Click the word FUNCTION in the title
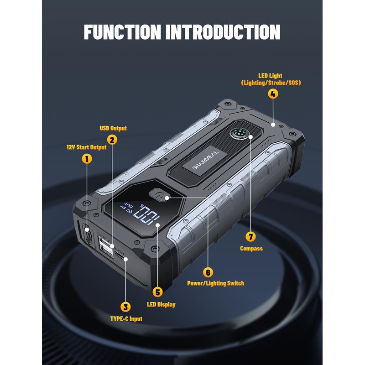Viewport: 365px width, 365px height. [x=122, y=32]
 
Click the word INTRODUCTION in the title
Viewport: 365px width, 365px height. [x=223, y=32]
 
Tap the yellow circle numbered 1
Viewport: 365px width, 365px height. [x=86, y=159]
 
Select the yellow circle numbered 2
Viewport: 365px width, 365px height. [x=113, y=140]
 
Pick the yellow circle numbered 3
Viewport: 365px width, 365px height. [x=125, y=307]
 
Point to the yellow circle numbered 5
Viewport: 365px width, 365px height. [x=158, y=292]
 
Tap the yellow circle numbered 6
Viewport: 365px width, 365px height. [x=208, y=272]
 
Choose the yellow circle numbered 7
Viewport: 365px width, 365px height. [x=250, y=236]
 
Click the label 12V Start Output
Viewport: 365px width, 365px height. [x=86, y=147]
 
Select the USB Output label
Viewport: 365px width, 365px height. [x=113, y=129]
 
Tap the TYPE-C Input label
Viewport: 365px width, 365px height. [x=126, y=319]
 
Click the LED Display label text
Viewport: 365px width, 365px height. [x=161, y=304]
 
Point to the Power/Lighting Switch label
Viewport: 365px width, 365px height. [x=215, y=283]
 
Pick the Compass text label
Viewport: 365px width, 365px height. [x=251, y=249]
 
